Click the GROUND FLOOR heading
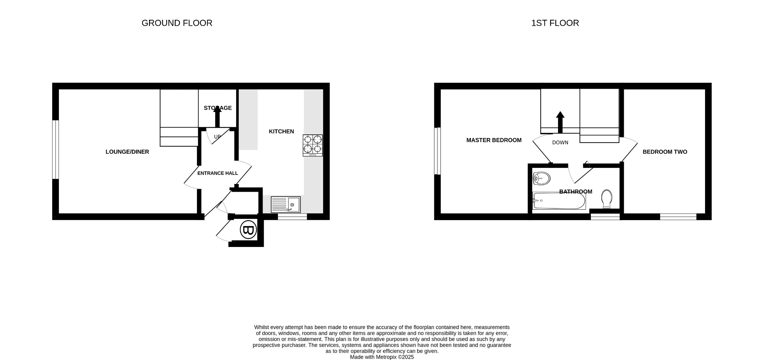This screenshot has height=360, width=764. [x=177, y=23]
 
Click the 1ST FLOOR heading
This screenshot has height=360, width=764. [x=555, y=23]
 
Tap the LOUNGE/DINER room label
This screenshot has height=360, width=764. [x=127, y=152]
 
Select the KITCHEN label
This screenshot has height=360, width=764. [x=281, y=131]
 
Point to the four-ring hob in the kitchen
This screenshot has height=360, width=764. [x=313, y=145]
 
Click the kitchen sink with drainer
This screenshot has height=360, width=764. [x=286, y=205]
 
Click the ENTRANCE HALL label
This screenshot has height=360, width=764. [x=217, y=173]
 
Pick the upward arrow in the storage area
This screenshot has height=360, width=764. [x=217, y=116]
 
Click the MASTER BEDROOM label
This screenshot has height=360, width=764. [x=494, y=140]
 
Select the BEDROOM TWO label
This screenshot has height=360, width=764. [x=664, y=152]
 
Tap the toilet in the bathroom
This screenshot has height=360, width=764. [x=607, y=198]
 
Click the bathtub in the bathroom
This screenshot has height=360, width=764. [x=559, y=201]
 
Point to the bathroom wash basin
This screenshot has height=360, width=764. [x=541, y=179]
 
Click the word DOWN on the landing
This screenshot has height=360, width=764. [x=560, y=143]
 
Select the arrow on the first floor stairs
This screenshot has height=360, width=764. [x=560, y=122]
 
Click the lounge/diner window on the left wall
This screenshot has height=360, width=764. [x=55, y=149]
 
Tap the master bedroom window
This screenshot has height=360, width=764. [x=437, y=151]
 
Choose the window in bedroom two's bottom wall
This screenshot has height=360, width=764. [x=678, y=217]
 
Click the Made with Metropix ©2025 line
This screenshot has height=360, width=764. [x=382, y=357]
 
